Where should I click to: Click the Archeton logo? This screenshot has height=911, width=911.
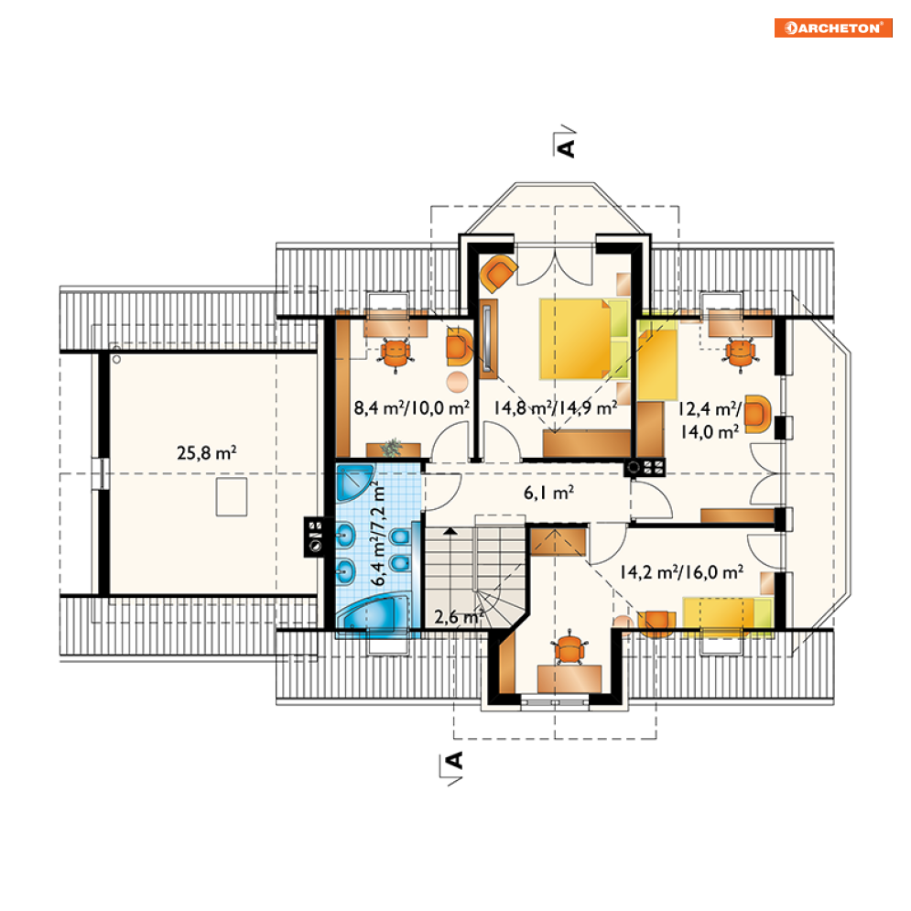832,27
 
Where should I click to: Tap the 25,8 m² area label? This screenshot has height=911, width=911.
206,452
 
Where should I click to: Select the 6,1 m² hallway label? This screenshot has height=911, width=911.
548,493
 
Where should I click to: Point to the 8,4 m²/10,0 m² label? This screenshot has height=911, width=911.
411,407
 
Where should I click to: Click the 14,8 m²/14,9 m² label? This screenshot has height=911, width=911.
556,407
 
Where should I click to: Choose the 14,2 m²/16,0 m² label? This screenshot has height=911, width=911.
681,572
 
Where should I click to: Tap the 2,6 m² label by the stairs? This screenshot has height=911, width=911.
459,616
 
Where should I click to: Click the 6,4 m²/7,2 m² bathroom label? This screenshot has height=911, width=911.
377,533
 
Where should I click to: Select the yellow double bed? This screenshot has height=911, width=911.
584,339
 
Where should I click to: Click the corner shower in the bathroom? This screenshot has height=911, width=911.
352,481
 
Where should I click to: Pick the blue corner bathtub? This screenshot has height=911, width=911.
374,616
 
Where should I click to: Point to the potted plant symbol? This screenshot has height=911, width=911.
392,448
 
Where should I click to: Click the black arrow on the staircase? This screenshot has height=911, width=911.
450,531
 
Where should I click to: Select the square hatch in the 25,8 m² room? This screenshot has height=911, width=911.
232,497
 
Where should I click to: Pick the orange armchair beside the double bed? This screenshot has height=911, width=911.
497,272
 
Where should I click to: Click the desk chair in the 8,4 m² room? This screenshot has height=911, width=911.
396,355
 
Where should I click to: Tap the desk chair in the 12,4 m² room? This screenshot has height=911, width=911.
740,353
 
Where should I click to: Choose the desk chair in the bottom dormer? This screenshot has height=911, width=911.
569,648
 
